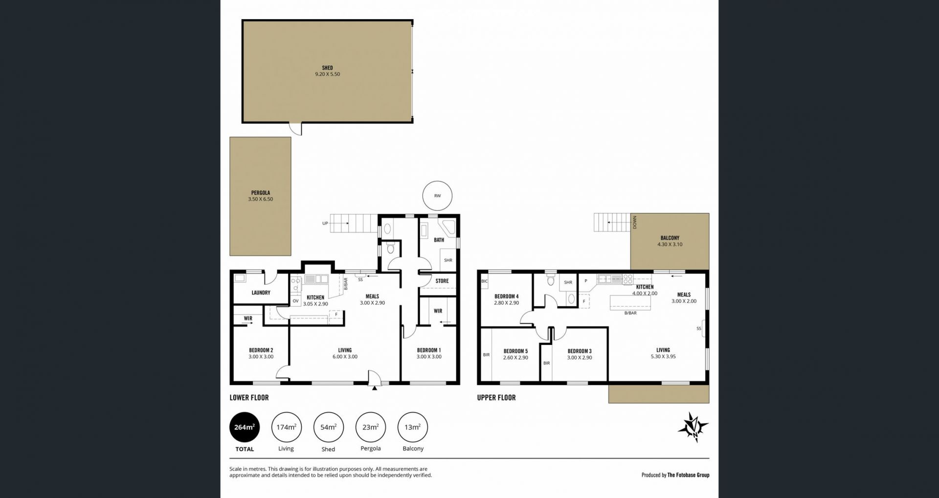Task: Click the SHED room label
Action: point(327,68)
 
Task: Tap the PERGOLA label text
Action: point(261,193)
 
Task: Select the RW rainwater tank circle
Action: point(437,196)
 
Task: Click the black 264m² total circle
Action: point(245,427)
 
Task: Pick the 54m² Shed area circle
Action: point(328,427)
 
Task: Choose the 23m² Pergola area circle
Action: point(370,427)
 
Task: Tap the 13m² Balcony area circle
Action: point(413,427)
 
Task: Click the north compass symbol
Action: point(693,427)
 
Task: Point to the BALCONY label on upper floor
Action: point(670,238)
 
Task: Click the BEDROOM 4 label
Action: point(506,296)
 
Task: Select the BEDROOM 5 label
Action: point(515,351)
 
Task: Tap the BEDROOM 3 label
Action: point(580,351)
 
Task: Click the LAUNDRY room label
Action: point(261,293)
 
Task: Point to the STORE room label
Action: point(442,281)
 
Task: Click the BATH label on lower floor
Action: point(439,240)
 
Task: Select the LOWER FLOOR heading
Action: point(249,398)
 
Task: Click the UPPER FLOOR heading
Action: point(496,398)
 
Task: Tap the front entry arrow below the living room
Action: point(375,388)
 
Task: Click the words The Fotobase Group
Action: point(688,475)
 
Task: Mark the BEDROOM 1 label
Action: point(429,350)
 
